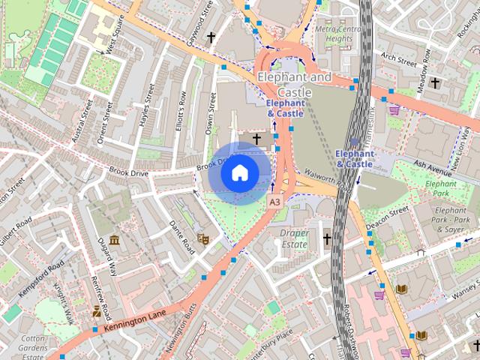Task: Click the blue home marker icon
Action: [239, 172]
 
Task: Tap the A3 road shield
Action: [274, 202]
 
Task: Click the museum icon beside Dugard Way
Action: [114, 240]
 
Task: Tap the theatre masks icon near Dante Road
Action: [201, 238]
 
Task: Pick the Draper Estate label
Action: [294, 238]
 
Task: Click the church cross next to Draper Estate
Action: [326, 239]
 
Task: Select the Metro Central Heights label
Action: [333, 34]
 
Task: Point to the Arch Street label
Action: [397, 58]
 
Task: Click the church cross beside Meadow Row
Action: [436, 82]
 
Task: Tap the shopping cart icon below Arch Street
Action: [394, 109]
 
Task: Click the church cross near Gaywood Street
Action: [211, 36]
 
